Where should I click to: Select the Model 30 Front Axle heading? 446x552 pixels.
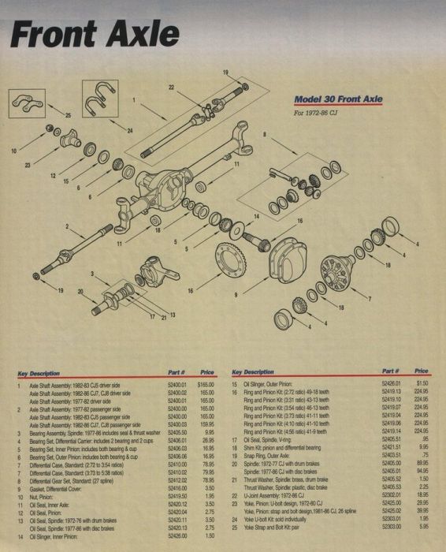click(x=338, y=100)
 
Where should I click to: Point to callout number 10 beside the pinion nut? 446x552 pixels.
click(x=13, y=148)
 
